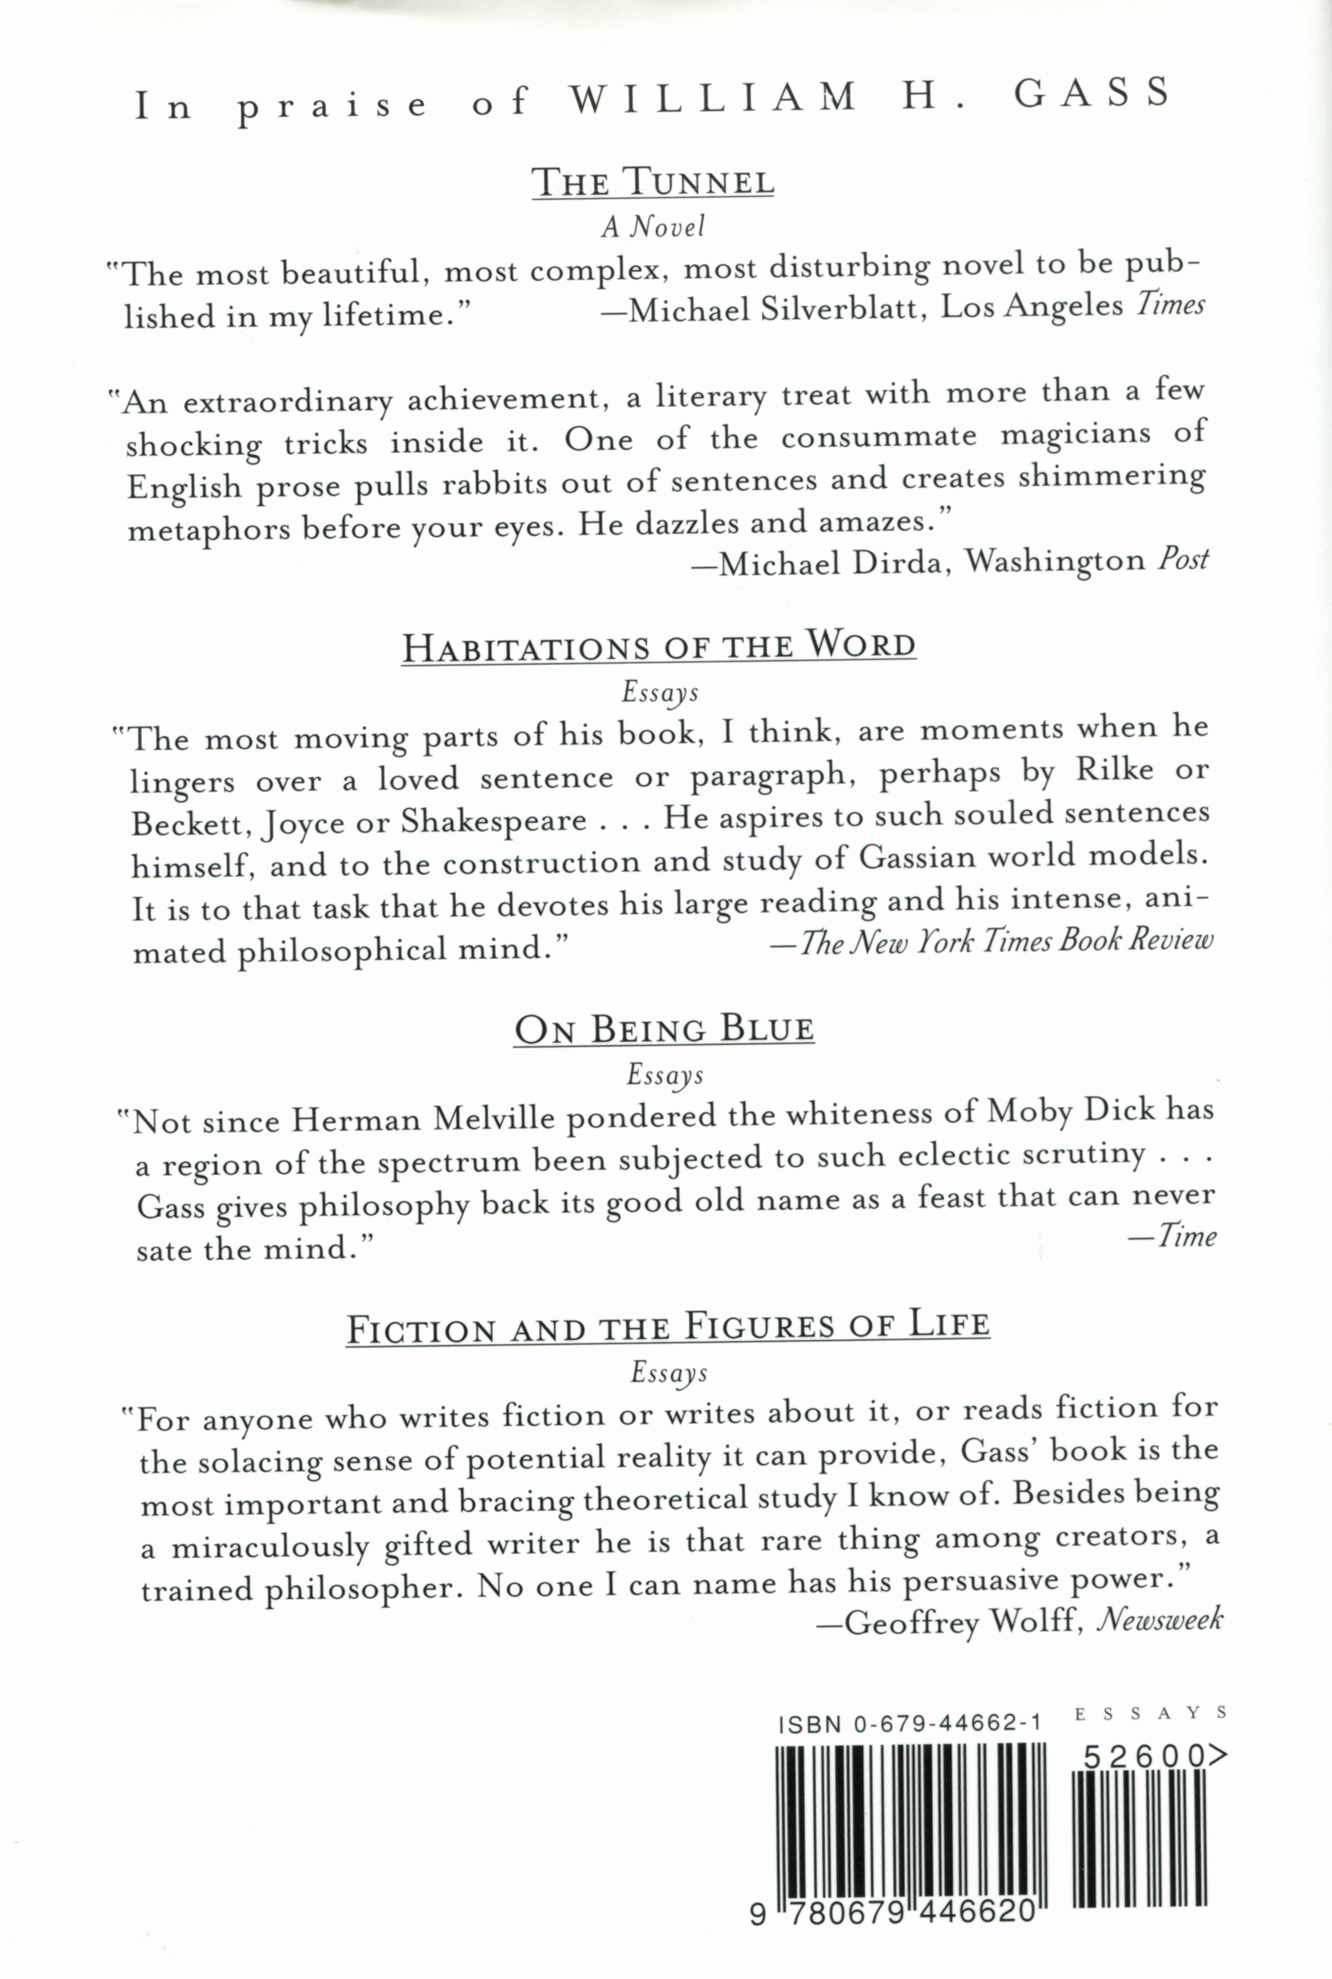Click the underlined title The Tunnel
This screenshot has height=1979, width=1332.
(x=652, y=181)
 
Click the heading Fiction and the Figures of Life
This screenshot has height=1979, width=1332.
(x=668, y=1326)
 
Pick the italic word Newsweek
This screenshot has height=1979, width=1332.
(x=1160, y=1619)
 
